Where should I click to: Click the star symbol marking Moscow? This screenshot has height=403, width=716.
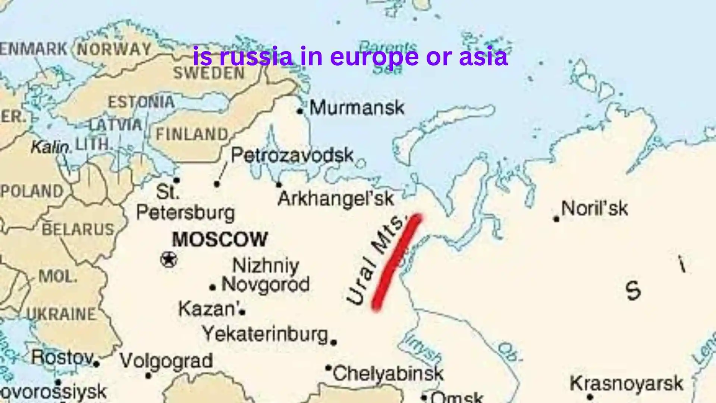click(169, 259)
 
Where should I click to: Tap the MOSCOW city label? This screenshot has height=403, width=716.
click(220, 239)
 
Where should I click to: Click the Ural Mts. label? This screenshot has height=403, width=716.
click(375, 259)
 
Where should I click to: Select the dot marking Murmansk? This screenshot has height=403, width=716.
click(300, 111)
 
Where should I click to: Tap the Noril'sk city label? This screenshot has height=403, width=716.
click(594, 208)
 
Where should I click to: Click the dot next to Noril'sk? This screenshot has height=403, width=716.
click(556, 219)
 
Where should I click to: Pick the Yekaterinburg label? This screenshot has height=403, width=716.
click(265, 334)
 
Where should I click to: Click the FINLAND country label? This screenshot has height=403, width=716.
click(192, 134)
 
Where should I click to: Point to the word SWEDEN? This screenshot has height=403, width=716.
click(209, 73)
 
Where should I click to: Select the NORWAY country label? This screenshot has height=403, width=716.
click(114, 49)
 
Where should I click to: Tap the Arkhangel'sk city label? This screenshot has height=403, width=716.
click(336, 199)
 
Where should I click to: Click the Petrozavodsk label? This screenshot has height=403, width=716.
click(292, 155)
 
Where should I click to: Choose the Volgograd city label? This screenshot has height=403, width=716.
click(166, 360)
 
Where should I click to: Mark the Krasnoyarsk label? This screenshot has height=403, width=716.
click(626, 384)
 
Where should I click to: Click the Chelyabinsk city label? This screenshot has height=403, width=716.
click(388, 373)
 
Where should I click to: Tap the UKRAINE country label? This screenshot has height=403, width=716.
click(62, 314)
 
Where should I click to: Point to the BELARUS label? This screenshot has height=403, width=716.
click(78, 229)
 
